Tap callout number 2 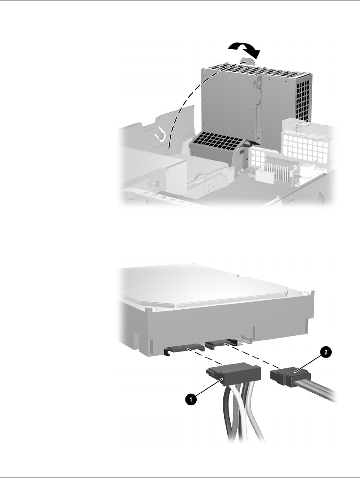pyautogui.click(x=326, y=353)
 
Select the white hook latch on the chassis pyautogui.click(x=160, y=134)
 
